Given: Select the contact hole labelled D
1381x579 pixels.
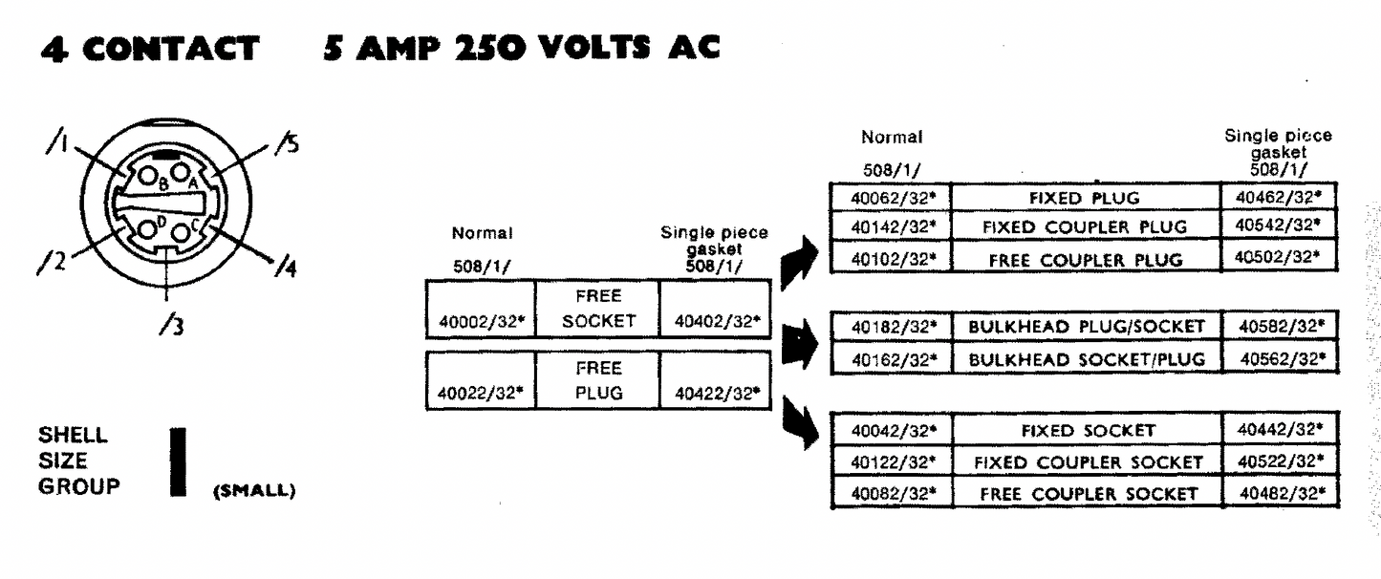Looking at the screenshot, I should tap(149, 230).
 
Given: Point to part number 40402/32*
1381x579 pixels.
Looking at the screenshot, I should tap(714, 322).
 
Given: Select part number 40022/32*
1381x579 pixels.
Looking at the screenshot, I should tap(479, 393).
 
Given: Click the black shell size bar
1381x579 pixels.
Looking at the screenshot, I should tap(176, 461).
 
